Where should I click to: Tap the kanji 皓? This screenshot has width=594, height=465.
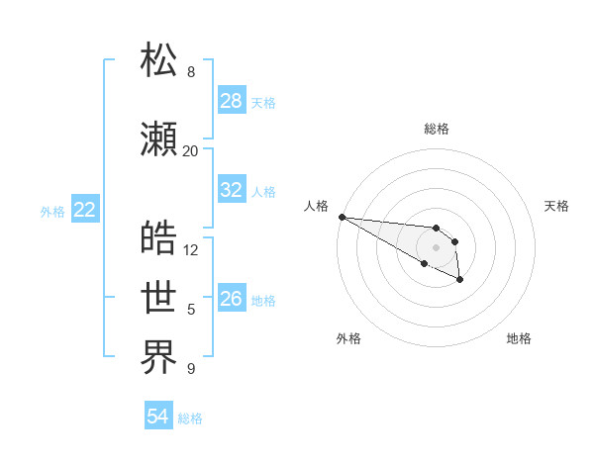coord(159,238)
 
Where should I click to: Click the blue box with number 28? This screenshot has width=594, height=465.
coord(232,101)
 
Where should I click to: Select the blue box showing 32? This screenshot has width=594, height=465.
coord(232,190)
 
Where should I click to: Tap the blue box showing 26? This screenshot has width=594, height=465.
coord(232,299)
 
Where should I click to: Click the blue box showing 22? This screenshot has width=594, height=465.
coord(85,210)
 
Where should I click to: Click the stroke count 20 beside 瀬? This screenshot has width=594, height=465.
coord(190,151)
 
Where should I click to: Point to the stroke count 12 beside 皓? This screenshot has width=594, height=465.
coord(191,250)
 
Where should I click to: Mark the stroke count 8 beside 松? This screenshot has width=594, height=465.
coord(190,72)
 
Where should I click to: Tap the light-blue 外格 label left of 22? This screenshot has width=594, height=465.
coord(52,211)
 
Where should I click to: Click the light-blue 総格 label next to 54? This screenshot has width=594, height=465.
coord(190,418)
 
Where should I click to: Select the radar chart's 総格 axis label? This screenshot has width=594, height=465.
coord(436,129)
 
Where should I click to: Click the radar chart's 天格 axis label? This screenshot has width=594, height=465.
coord(557,206)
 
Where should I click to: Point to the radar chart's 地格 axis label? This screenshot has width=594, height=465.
coord(519,338)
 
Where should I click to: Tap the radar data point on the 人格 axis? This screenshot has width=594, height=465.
coord(342,217)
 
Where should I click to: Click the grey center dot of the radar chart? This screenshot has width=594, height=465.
coord(436,247)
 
